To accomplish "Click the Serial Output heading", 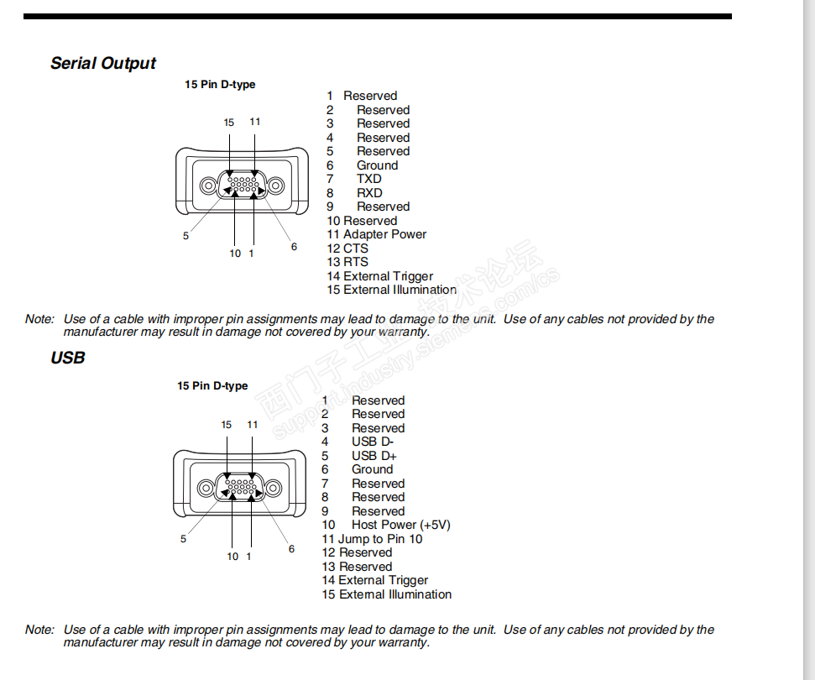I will coord(102,63).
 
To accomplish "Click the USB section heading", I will coord(68,358).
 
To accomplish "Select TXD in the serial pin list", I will coord(368,179).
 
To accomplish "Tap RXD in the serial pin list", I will coord(368,193).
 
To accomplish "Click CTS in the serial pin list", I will coord(355,248).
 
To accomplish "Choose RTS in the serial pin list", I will coord(355,262).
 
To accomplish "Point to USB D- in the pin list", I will coord(373,442).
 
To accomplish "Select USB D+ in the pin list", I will coord(374,456).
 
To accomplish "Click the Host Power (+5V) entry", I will coord(400,525).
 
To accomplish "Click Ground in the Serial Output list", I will coord(377,165).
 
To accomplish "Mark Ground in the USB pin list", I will coord(372,469).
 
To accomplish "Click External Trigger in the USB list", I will coord(383,580).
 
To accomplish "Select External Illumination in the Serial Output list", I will coord(400,290).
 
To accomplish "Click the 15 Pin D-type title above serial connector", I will coord(220,85).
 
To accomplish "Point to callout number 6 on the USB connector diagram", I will coord(291,549).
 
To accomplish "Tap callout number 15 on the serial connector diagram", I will coord(229,123).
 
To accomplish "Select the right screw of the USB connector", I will coord(274,488).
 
